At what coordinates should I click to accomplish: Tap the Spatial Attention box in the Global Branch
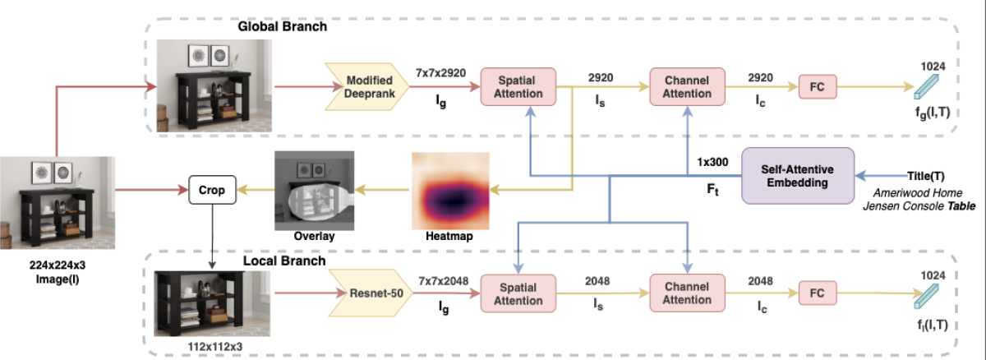click(x=518, y=86)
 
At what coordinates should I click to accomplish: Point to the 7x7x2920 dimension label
click(x=440, y=72)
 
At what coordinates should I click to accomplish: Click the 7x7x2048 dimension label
click(x=442, y=281)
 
